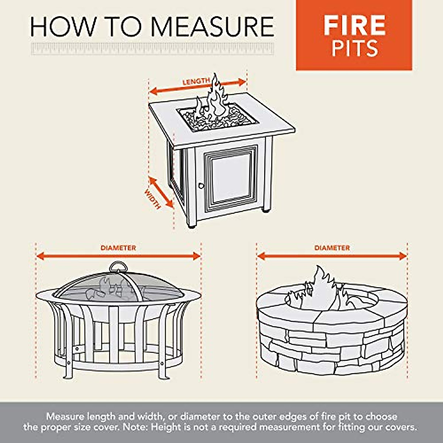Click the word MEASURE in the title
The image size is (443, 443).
click(x=212, y=27)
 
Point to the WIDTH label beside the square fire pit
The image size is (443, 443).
click(x=152, y=199)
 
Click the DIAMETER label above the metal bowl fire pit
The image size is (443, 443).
click(x=118, y=248)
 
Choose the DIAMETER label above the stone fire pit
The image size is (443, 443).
click(x=332, y=248)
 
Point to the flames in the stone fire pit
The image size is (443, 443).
click(x=319, y=292)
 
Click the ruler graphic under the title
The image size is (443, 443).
click(x=152, y=49)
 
